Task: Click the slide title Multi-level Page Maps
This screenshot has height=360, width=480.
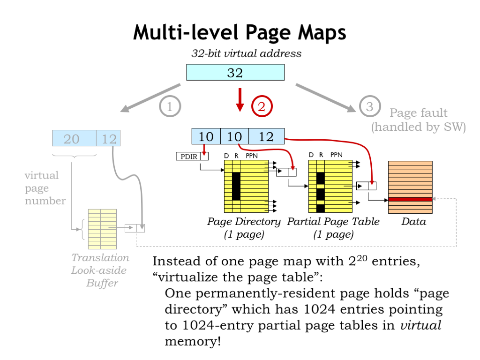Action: [240, 33]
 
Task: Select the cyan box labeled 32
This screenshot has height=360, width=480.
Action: [235, 73]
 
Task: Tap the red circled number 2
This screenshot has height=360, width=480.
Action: [262, 107]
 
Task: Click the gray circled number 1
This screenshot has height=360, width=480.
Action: [170, 107]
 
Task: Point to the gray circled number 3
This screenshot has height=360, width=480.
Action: [369, 107]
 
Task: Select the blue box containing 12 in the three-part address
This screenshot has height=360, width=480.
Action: [266, 136]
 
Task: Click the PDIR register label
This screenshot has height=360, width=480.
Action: [188, 156]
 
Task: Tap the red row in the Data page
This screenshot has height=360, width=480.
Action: [410, 199]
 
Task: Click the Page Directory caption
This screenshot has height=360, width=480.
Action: [244, 222]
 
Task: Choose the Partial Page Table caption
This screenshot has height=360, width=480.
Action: [333, 222]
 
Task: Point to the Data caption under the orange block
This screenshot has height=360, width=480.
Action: [413, 222]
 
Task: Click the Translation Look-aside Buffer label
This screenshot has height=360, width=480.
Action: [100, 270]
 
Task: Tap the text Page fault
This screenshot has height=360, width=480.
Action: [419, 113]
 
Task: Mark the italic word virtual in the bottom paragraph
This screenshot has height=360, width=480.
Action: [420, 326]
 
